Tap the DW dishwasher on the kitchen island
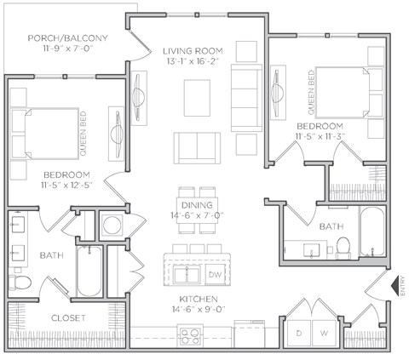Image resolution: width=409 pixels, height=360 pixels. pos(215,275)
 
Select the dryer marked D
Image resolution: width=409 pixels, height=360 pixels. pos(298,332)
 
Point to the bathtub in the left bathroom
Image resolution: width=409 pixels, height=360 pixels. pos(89,271)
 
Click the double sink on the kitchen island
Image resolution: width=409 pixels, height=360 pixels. pos(186,275)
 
